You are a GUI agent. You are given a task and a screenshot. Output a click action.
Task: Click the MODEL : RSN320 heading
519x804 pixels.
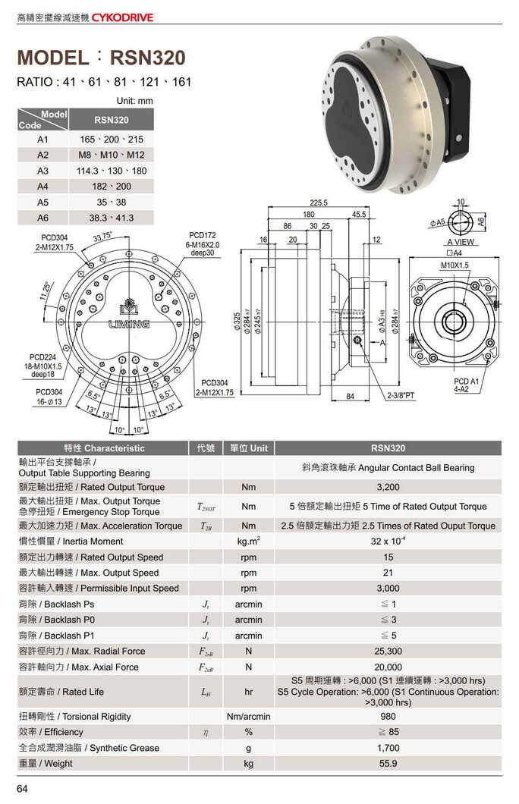pyautogui.click(x=101, y=58)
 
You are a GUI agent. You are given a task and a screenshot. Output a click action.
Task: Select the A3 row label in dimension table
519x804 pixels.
pyautogui.click(x=42, y=171)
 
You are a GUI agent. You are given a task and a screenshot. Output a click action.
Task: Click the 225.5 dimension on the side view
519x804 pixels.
pyautogui.click(x=319, y=203)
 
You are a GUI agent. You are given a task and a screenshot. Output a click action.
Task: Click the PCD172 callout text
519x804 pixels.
pyautogui.click(x=203, y=236)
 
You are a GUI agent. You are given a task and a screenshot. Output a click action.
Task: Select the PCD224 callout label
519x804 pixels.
pyautogui.click(x=44, y=357)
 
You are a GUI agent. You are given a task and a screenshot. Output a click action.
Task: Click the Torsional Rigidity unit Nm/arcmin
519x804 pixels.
pyautogui.click(x=248, y=717)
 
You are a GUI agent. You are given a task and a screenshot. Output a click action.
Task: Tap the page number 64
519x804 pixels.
pyautogui.click(x=22, y=789)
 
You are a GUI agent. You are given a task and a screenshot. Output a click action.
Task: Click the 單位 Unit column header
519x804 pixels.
pyautogui.click(x=248, y=448)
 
